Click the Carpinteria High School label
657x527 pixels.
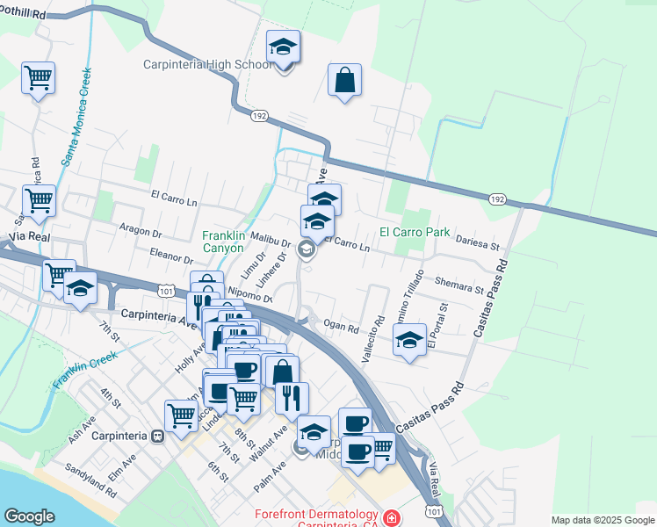208,64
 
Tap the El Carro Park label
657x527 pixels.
415,233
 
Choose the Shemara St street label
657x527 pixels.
459,283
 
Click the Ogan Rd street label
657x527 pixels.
342,328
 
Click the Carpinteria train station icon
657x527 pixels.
158,436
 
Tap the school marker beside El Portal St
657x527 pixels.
410,340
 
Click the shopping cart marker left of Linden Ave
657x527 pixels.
181,415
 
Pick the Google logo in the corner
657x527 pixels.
30,516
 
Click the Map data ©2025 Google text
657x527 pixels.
603,520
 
